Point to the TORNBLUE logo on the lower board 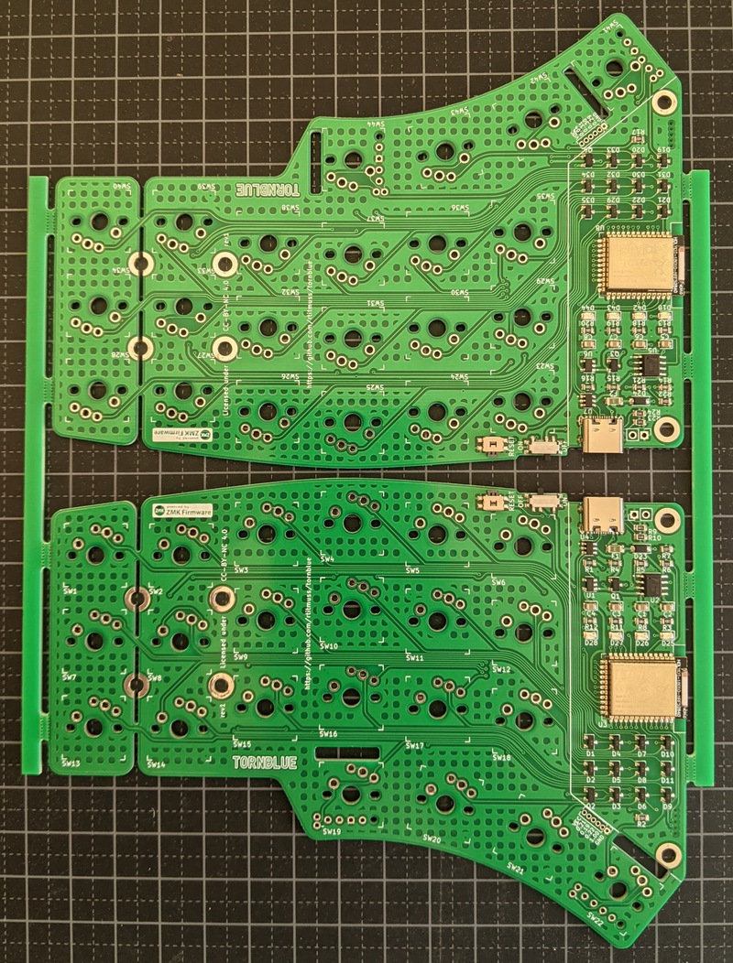point(265,763)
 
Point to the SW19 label point(332,831)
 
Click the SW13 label point(70,762)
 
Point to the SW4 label point(327,559)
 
